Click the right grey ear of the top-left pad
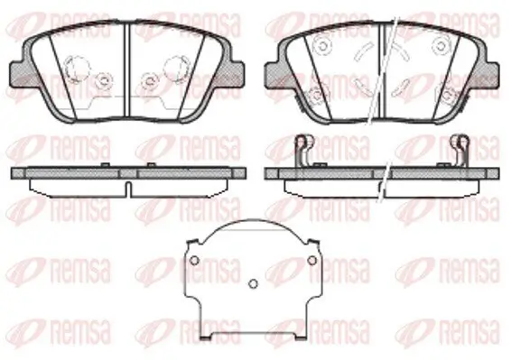236,74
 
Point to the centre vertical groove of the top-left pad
127,69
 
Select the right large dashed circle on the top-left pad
177,67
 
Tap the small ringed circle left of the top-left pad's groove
105,79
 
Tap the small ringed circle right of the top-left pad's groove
150,79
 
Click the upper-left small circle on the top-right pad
322,46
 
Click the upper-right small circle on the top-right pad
441,46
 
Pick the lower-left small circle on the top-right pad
316,95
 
